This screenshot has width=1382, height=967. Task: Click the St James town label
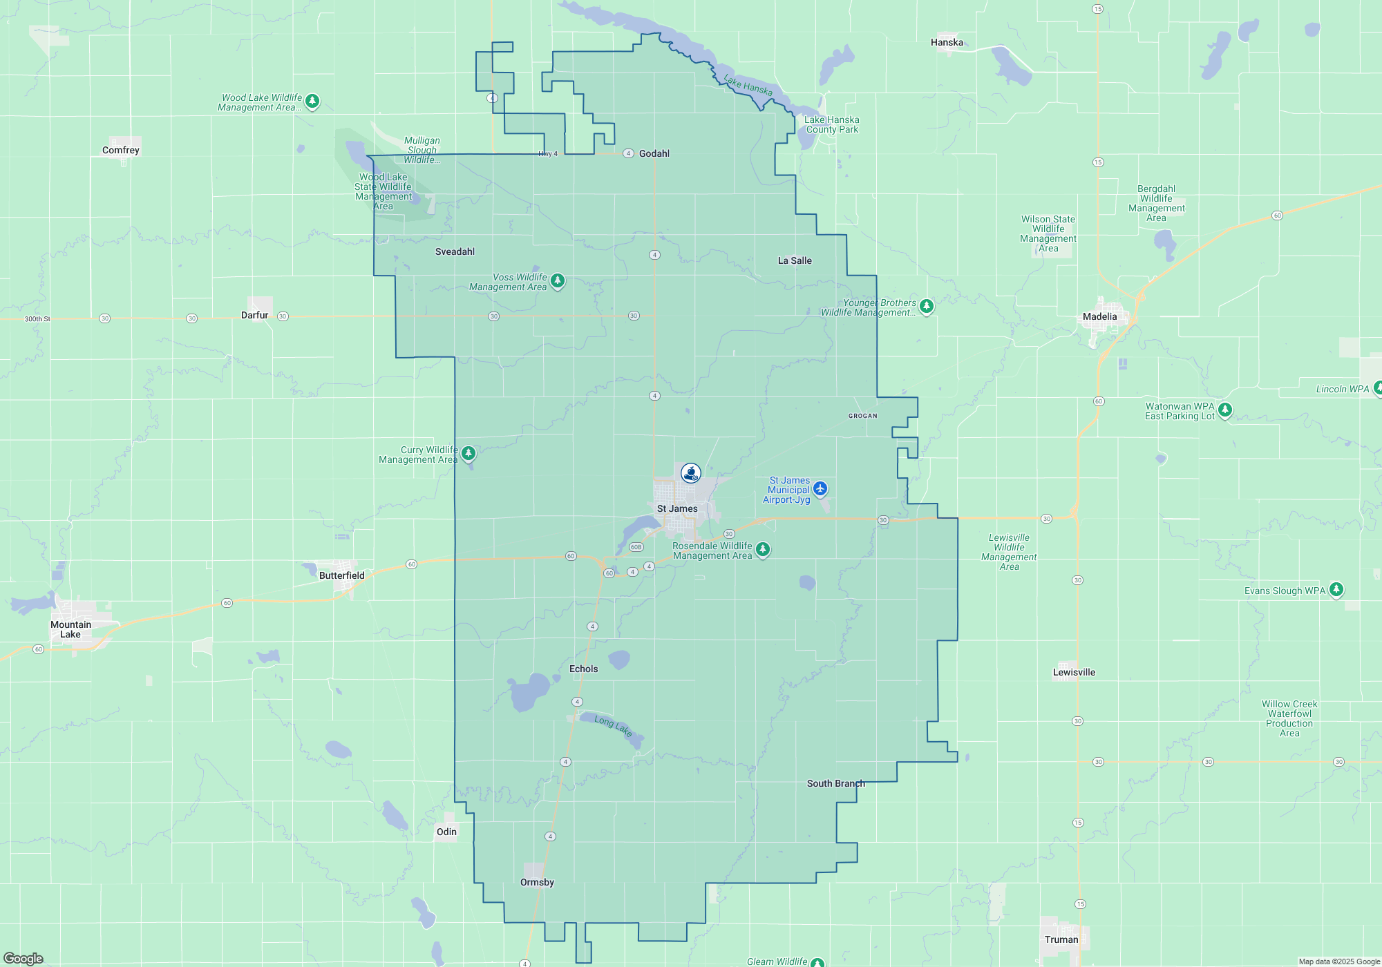[677, 509]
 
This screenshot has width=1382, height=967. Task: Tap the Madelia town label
[1099, 317]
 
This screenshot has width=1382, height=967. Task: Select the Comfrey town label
[121, 151]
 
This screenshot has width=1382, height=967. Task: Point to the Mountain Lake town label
[70, 629]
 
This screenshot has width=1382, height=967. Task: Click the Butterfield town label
[341, 575]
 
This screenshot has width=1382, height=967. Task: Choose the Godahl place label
[654, 153]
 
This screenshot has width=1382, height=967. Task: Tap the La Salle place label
[795, 260]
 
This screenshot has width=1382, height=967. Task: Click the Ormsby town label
[537, 882]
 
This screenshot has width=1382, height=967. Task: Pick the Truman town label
[1061, 939]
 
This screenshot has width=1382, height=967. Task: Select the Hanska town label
[947, 42]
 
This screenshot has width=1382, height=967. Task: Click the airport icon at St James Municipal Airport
[820, 489]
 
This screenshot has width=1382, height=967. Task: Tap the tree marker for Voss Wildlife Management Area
[558, 281]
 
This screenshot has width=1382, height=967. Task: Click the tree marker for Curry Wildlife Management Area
[468, 453]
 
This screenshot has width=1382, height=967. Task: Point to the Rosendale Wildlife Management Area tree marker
[763, 549]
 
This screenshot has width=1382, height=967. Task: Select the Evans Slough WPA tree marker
[1336, 589]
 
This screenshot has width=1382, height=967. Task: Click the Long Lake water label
[614, 726]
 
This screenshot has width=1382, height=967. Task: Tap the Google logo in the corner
[23, 958]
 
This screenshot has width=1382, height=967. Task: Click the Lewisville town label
[1074, 672]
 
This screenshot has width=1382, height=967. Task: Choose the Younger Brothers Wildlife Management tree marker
[927, 305]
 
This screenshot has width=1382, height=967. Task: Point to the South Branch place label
[835, 783]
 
